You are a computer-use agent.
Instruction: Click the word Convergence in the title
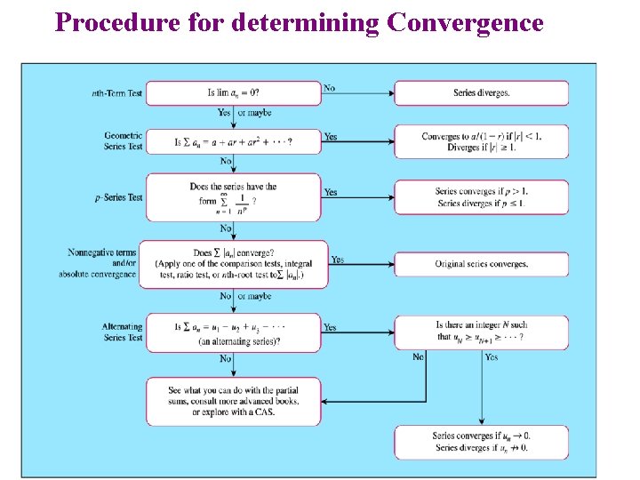(465, 21)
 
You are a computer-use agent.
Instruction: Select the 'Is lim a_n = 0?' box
(233, 93)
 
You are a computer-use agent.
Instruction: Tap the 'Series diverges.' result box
(481, 93)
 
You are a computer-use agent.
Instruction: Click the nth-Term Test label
(117, 93)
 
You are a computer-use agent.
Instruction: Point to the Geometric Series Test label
(123, 140)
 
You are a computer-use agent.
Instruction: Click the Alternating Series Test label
(123, 332)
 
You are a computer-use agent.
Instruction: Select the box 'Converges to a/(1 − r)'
(481, 141)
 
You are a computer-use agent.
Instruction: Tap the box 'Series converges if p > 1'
(481, 196)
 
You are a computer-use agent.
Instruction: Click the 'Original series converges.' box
(481, 264)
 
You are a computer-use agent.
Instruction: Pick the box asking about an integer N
(481, 331)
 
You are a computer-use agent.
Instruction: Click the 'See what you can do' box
(233, 402)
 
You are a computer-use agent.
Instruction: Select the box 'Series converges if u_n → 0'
(481, 442)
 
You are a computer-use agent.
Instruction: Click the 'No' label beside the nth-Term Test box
(330, 88)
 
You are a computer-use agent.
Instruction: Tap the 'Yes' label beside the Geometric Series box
(331, 137)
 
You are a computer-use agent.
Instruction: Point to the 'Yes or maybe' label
(244, 113)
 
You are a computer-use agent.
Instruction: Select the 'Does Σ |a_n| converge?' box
(233, 264)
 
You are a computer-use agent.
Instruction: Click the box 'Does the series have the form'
(233, 196)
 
